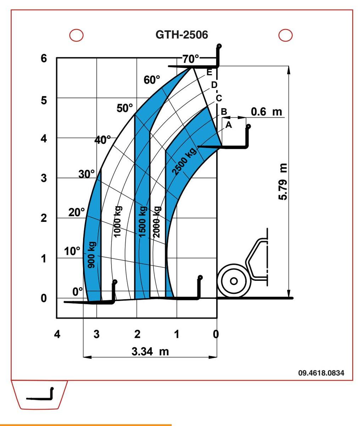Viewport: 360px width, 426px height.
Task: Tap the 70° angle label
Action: coord(192,59)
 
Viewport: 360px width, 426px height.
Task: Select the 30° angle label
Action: coord(87,174)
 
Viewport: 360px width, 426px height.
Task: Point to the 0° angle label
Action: coord(77,291)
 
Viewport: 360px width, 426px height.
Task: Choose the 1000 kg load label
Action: coord(118,221)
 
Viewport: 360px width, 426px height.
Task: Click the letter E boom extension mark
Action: coord(209,72)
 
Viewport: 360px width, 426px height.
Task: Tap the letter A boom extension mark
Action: coord(229,125)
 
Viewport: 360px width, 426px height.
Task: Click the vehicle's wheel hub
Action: coord(233,280)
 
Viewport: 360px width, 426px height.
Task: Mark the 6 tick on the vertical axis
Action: coord(44,58)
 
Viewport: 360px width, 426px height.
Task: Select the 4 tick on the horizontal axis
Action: coord(57,334)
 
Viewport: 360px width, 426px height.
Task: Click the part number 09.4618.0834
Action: coord(322,373)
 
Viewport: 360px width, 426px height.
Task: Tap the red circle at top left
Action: coord(76,34)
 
